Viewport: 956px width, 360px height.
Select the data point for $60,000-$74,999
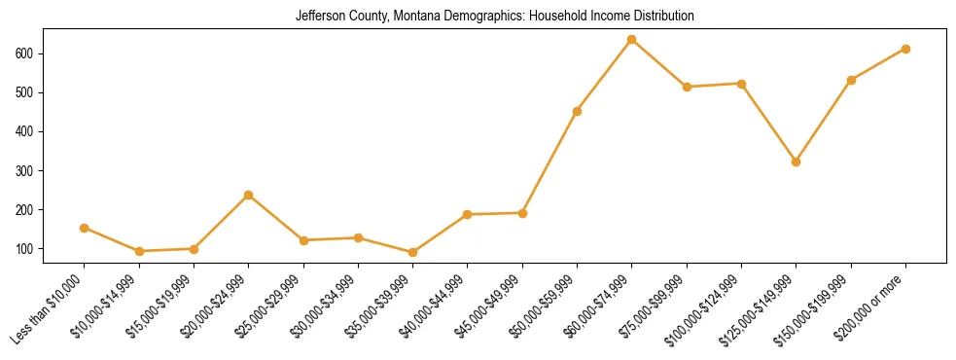(x=632, y=40)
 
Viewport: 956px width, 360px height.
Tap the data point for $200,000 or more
(x=905, y=49)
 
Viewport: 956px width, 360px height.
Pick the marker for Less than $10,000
(x=85, y=228)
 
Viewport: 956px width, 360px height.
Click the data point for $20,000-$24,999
(x=249, y=195)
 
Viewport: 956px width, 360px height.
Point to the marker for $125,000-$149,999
(x=796, y=162)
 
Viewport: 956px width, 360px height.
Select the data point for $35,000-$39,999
(x=413, y=252)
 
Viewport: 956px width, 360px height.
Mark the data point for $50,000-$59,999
(x=577, y=111)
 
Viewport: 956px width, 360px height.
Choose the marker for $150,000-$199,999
(x=851, y=80)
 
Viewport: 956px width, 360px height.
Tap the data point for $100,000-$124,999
(x=741, y=84)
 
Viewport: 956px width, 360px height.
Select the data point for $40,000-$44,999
(x=468, y=214)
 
